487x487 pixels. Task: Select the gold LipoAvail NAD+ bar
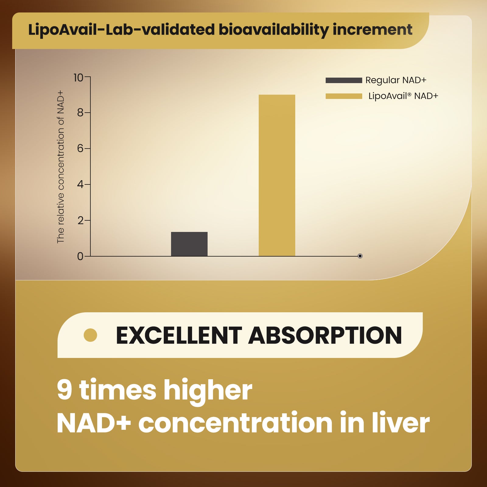pos(277,175)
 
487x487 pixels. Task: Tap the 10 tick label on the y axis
pos(78,78)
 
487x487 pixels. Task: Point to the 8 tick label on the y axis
pos(80,113)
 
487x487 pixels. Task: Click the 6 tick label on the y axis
pos(80,149)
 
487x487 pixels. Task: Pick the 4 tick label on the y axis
pos(80,184)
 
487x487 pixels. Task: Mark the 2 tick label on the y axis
pos(80,220)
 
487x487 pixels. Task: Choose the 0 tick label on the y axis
pos(80,256)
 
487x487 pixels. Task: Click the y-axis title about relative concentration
pos(61,166)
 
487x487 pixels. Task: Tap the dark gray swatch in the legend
pos(344,80)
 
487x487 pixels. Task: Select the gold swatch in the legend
pos(344,96)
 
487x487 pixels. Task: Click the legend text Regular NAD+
pos(396,80)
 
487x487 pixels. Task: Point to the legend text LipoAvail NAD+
pos(403,96)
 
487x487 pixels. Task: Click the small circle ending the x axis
pos(360,256)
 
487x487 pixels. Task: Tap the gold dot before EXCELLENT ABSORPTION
pos(90,335)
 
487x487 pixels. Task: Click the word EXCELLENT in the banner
pos(179,335)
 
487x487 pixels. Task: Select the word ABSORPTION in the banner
pos(325,335)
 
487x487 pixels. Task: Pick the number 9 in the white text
pos(65,390)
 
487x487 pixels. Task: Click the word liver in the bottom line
pos(401,423)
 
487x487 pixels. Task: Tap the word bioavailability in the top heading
pos(273,30)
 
